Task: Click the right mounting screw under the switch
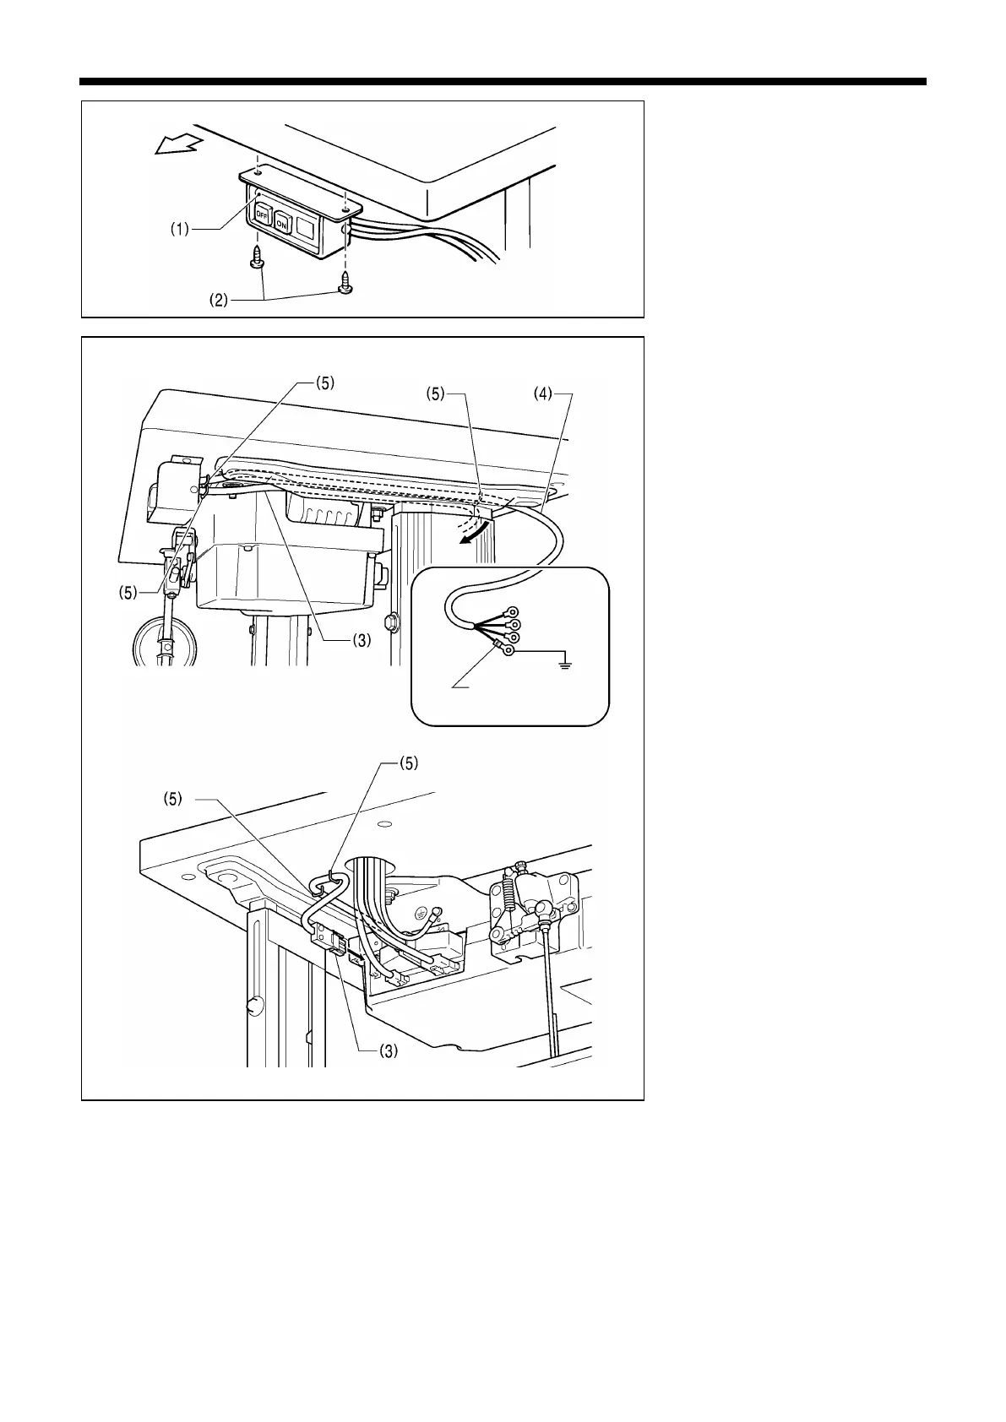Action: click(x=345, y=282)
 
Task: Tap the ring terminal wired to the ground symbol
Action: click(x=508, y=651)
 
